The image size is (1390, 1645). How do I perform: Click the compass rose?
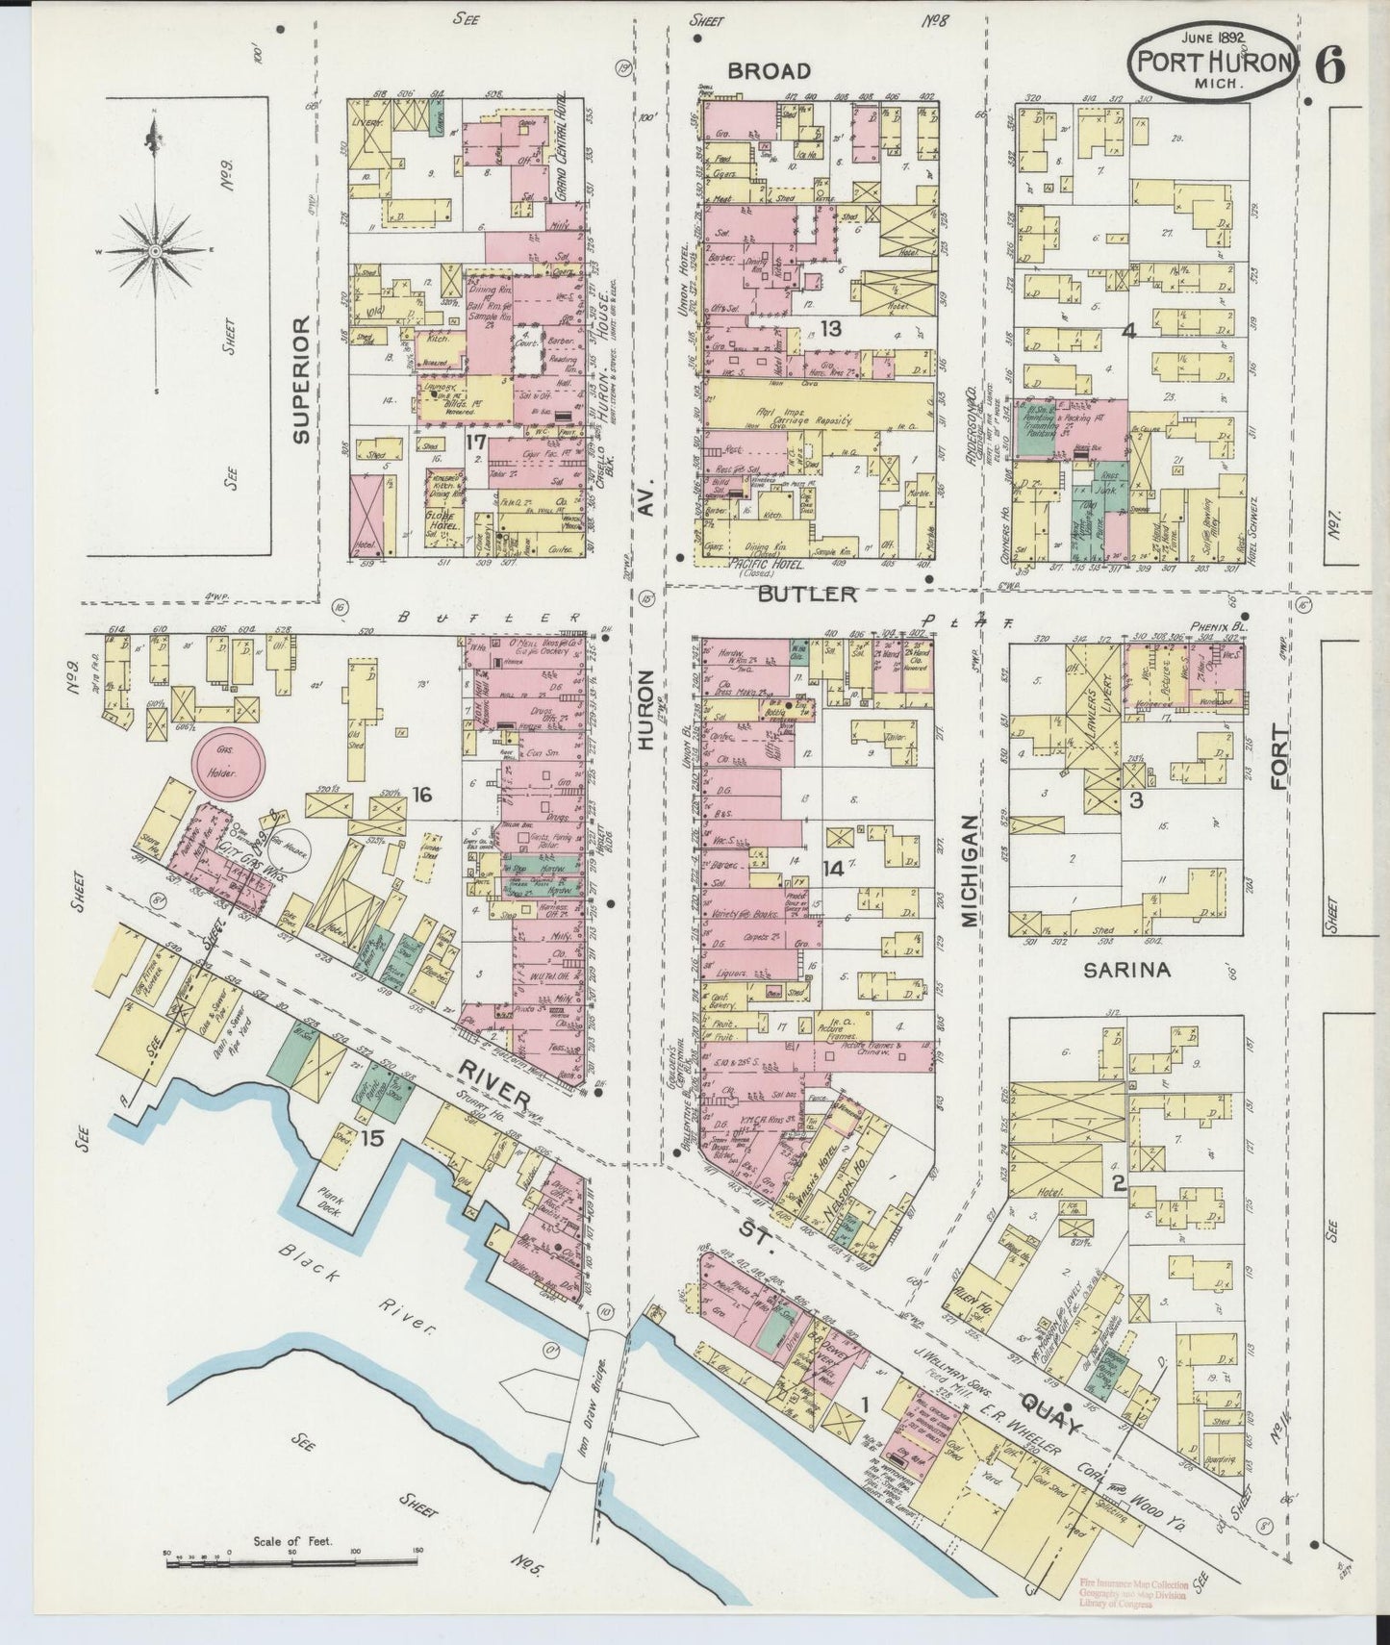154,250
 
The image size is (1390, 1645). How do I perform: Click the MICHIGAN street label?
969,871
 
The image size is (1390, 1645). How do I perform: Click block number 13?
830,329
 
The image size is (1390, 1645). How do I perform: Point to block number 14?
831,869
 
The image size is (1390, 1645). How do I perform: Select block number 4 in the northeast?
1128,331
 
